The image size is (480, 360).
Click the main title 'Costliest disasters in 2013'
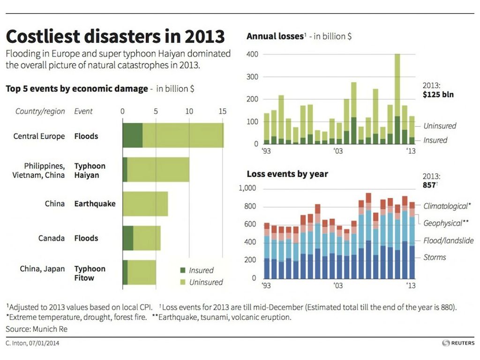tap(115, 37)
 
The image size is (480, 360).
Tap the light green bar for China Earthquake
tap(145, 204)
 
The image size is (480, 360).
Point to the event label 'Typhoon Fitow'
tap(90, 273)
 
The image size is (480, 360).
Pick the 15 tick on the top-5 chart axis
tap(222, 112)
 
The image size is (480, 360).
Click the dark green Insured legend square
tap(182, 270)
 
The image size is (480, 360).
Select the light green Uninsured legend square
tap(182, 282)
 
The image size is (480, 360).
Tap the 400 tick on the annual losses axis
tap(253, 54)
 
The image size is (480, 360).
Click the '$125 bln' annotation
tap(437, 95)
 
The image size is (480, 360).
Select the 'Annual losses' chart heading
tap(275, 36)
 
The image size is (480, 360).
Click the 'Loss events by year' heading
tap(287, 174)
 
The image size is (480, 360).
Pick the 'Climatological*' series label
tap(447, 206)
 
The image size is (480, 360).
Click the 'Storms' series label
tap(435, 257)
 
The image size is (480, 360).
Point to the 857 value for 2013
tap(430, 185)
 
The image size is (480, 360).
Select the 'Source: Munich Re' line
tap(37, 329)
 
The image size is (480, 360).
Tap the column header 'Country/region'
tap(40, 112)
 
